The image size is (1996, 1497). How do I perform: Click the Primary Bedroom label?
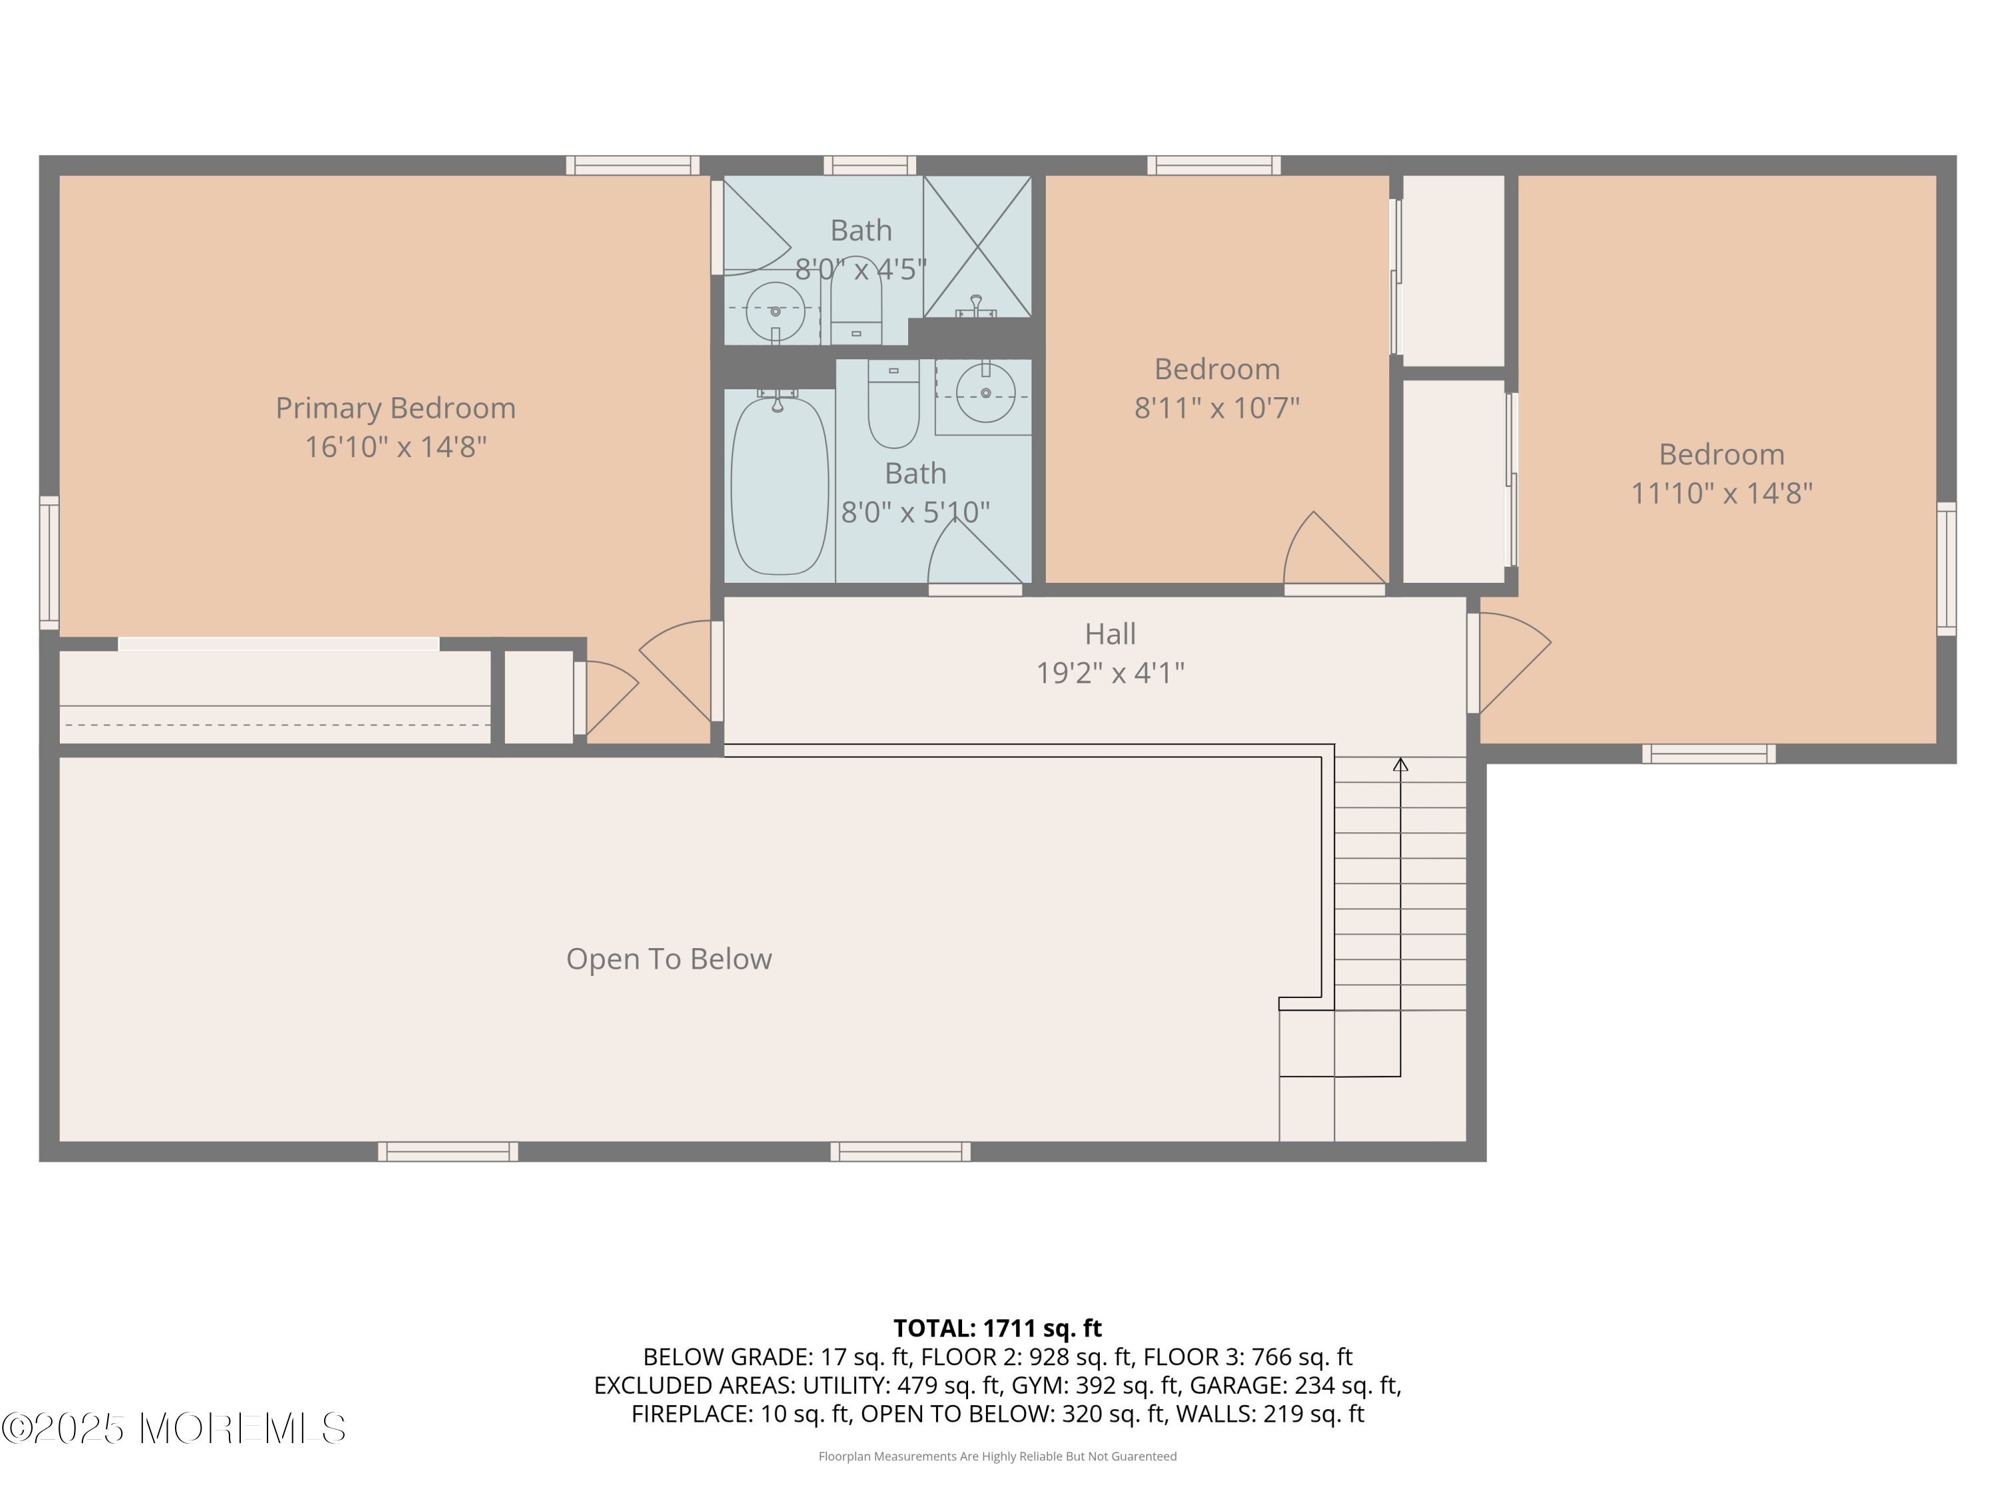pyautogui.click(x=395, y=409)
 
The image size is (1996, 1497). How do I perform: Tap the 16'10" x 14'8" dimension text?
pyautogui.click(x=395, y=446)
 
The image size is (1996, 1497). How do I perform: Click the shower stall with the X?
pyautogui.click(x=977, y=246)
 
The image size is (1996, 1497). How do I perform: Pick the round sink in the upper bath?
pyautogui.click(x=775, y=311)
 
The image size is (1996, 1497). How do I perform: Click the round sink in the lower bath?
pyautogui.click(x=985, y=393)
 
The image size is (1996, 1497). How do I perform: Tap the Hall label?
pyautogui.click(x=1110, y=633)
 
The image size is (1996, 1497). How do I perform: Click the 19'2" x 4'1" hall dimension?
pyautogui.click(x=1110, y=673)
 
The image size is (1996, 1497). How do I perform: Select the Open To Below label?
pyautogui.click(x=669, y=959)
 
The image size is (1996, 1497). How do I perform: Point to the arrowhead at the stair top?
pyautogui.click(x=1401, y=764)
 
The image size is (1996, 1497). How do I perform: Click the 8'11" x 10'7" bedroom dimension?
pyautogui.click(x=1216, y=408)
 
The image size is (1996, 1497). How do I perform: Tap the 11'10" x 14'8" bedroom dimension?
pyautogui.click(x=1722, y=494)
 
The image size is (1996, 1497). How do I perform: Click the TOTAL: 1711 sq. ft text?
pyautogui.click(x=997, y=1328)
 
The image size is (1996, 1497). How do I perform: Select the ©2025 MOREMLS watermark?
pyautogui.click(x=173, y=1428)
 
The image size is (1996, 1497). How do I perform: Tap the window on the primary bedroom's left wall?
pyautogui.click(x=49, y=562)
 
